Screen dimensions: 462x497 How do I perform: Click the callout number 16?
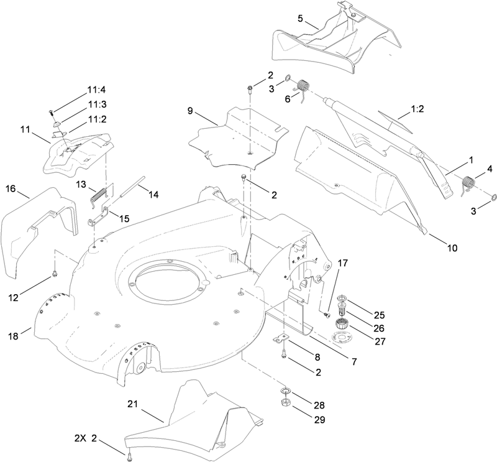11,188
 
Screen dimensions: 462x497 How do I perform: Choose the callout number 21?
132,404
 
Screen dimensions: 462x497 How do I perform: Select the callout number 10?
451,248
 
